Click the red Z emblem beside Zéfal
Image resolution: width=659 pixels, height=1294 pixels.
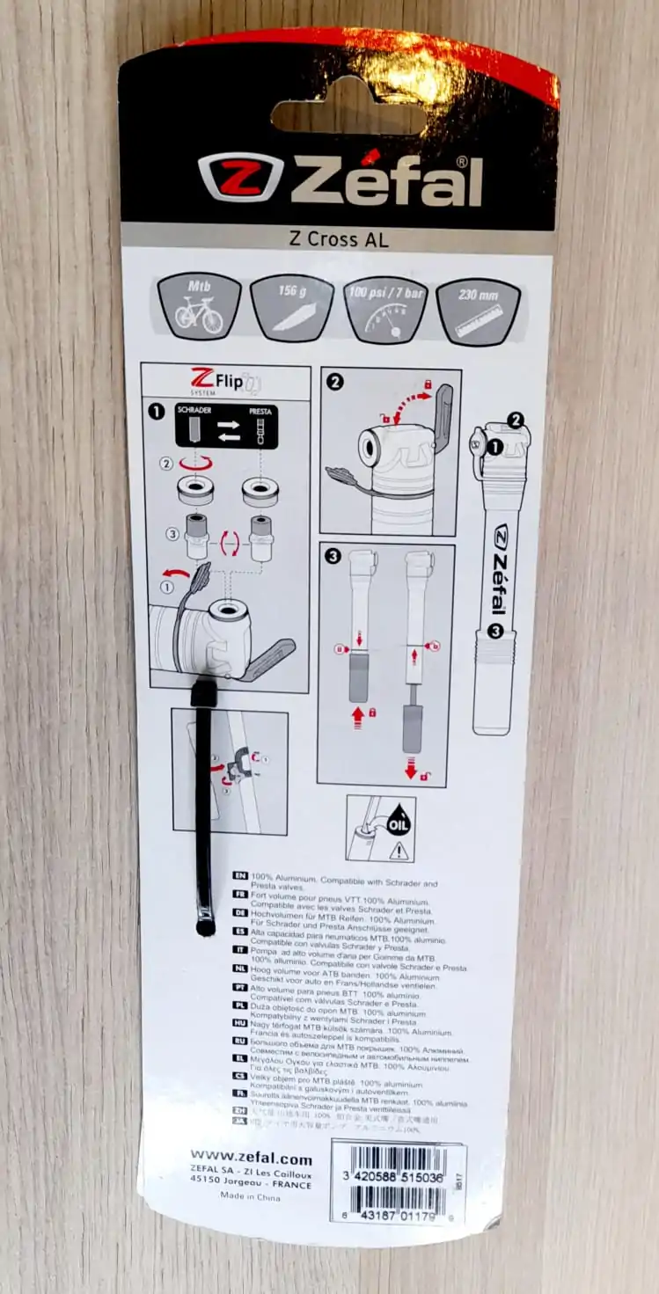[x=241, y=177]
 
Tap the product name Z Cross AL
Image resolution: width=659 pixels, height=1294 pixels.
[x=338, y=238]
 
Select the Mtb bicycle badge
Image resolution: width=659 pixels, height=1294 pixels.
[x=199, y=306]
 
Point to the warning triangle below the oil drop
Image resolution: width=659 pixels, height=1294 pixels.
[x=399, y=850]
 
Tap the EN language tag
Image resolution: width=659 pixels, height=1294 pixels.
[x=238, y=877]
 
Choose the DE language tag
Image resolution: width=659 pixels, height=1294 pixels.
[x=238, y=913]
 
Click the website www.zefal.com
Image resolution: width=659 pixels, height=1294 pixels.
[x=251, y=1159]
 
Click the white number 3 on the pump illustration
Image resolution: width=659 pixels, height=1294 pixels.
[x=495, y=630]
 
